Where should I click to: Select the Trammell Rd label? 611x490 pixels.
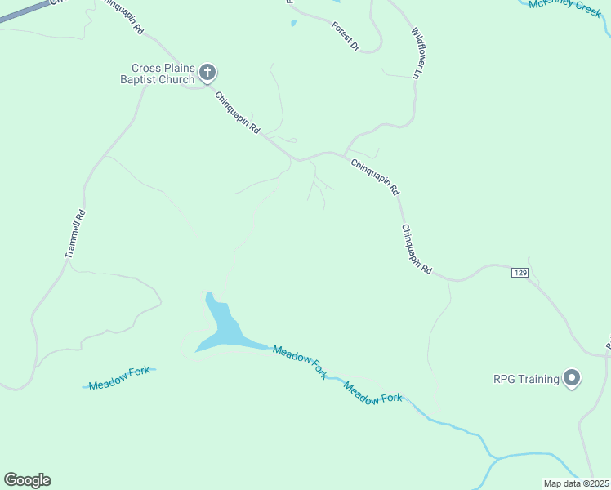coord(75,235)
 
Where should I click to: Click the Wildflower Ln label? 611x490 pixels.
coord(419,54)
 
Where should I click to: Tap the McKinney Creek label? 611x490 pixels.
coord(564,7)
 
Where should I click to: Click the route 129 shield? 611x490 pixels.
coord(521,272)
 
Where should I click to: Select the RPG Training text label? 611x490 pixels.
coord(526,379)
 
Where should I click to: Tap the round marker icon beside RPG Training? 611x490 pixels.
coord(572,379)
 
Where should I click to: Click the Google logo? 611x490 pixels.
coord(27,480)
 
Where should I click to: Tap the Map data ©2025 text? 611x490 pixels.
coord(576,483)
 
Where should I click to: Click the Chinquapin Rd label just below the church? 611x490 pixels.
coord(237,113)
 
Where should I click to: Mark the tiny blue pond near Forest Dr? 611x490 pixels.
coord(294,24)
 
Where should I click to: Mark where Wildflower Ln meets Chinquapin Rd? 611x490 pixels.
coord(346,154)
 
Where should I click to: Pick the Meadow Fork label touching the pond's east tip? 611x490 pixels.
coord(300,362)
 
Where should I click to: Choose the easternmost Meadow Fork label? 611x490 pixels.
coord(373,393)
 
